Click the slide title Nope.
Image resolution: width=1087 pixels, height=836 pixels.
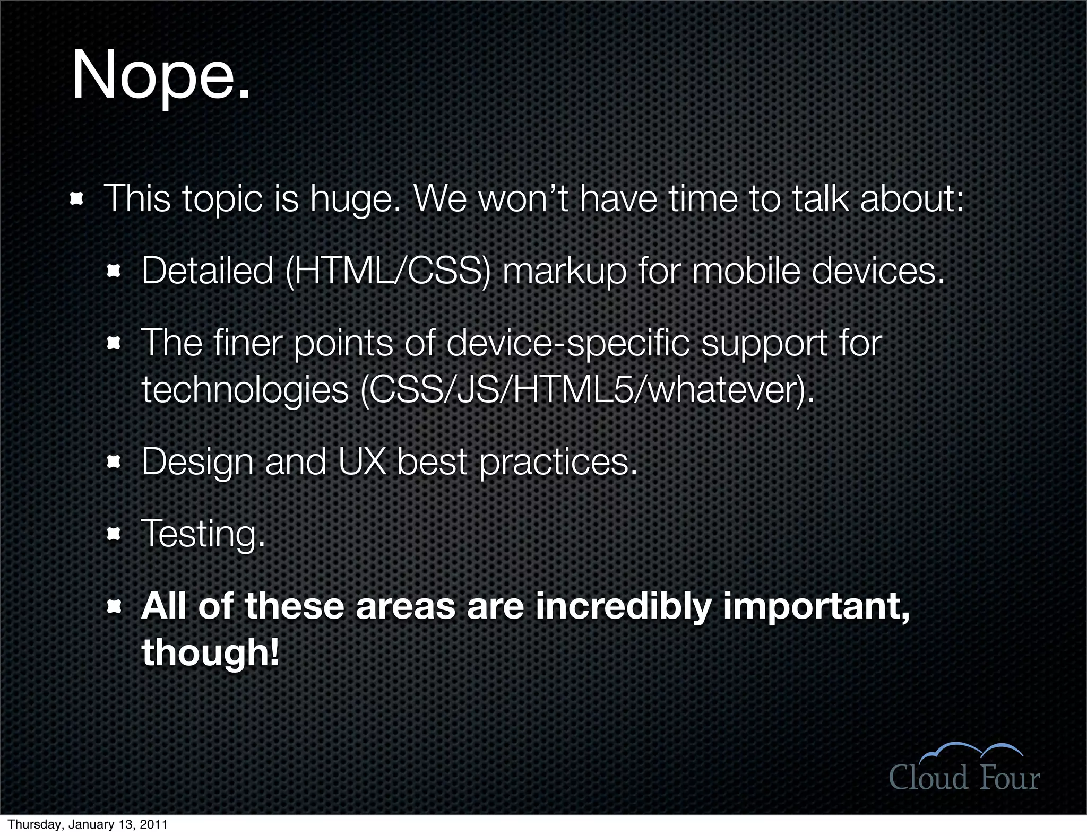tap(161, 75)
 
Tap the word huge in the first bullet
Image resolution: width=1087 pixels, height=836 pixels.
tap(355, 199)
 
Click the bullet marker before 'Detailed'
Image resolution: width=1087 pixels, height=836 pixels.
tap(114, 272)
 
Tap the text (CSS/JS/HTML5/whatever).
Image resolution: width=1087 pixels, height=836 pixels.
tap(587, 390)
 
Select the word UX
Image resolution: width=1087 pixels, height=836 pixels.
tap(361, 462)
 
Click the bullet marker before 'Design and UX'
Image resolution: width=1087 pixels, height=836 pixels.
tap(114, 463)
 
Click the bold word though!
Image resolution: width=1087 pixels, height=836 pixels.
tap(210, 652)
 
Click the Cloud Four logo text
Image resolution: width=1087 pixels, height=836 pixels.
tap(964, 778)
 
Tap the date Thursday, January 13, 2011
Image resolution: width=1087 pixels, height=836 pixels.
tap(88, 824)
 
